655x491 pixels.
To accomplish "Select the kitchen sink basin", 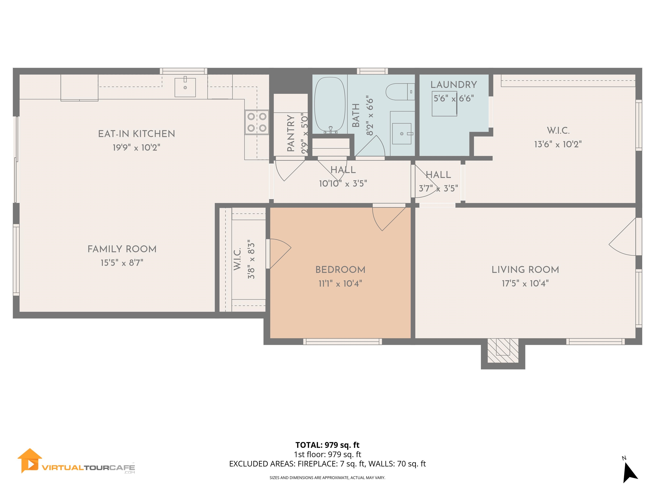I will pos(185,87).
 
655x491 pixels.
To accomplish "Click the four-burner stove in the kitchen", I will pos(257,122).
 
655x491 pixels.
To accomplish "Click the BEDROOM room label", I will pos(340,270).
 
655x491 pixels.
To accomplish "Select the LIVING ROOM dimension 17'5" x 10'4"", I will pos(525,283).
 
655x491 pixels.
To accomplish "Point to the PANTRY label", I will pos(291,133).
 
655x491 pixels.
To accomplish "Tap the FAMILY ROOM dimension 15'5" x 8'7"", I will pos(122,263).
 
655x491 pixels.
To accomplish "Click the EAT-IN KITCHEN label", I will pos(136,134).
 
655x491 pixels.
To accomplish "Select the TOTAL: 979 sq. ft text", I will pos(327,445).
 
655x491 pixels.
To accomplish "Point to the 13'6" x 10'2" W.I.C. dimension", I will pos(558,144).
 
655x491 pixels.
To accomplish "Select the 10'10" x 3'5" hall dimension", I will pos(343,184).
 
